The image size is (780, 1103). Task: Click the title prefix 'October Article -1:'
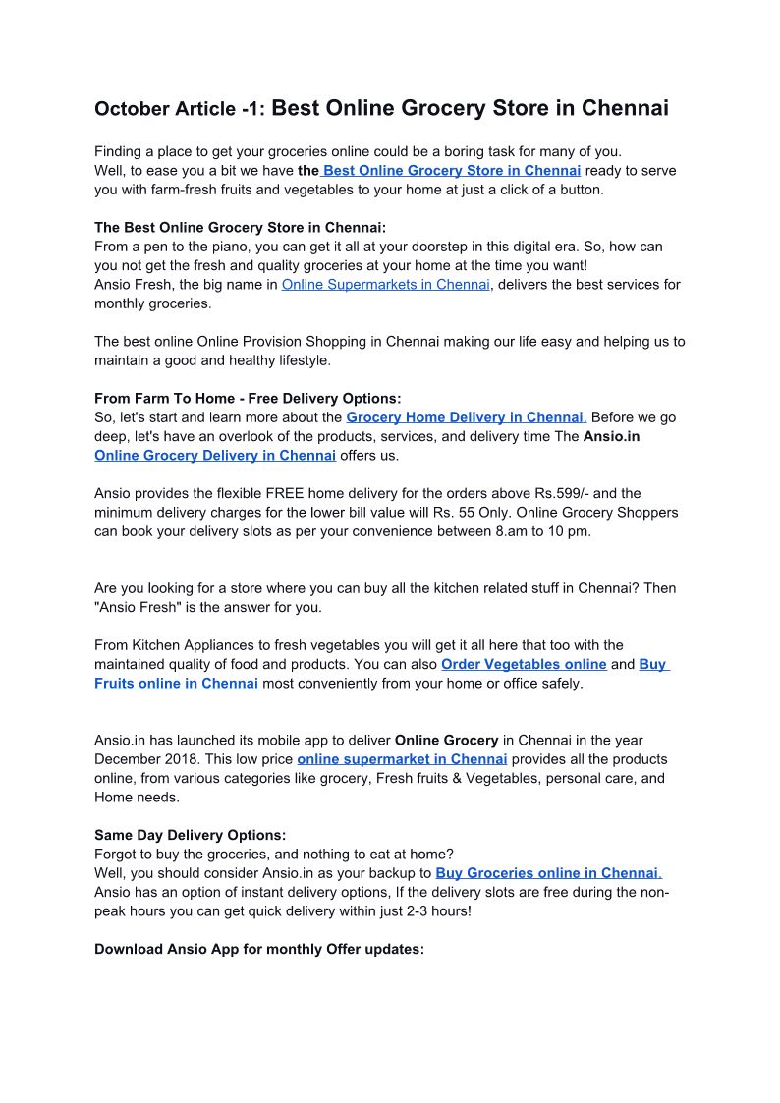tap(180, 109)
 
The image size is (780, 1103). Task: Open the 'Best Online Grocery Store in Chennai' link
tap(452, 170)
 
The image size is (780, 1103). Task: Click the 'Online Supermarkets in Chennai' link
tap(385, 285)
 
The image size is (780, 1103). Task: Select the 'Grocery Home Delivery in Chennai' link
tap(465, 417)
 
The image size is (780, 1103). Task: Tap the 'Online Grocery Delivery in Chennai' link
tap(215, 456)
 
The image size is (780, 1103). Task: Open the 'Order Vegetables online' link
tap(524, 665)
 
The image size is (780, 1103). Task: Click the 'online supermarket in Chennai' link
tap(402, 759)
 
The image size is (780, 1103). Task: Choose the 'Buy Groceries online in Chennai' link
tap(546, 873)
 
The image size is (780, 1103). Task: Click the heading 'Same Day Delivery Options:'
tap(190, 835)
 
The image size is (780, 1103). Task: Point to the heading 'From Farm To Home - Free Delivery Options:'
tap(248, 399)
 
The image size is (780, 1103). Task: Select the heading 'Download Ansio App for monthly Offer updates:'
tap(259, 950)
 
